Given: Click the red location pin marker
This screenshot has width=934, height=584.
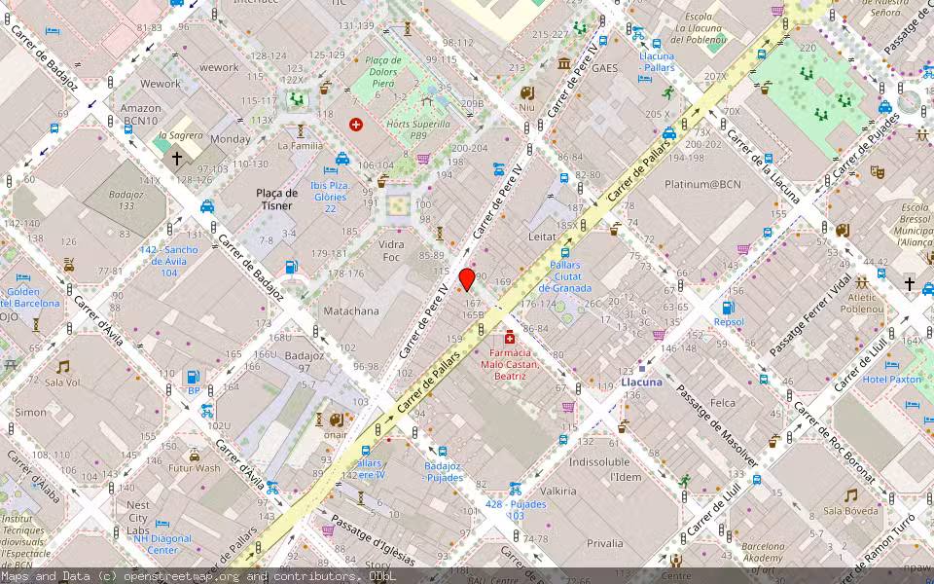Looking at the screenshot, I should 467,279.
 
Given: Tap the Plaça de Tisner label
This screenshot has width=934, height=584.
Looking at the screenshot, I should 276,199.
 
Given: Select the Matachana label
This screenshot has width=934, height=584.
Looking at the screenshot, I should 350,311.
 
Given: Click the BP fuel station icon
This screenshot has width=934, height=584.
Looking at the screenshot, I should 193,376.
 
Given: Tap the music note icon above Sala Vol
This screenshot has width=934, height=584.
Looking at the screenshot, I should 62,367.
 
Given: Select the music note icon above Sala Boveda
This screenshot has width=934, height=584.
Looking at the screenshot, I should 850,494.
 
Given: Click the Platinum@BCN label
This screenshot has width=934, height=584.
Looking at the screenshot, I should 702,184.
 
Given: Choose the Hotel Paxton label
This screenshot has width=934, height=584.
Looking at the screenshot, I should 891,379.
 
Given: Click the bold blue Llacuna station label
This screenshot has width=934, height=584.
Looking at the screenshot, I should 641,383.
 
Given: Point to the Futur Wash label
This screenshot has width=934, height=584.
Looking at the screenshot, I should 195,468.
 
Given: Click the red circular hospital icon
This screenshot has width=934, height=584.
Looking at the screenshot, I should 355,125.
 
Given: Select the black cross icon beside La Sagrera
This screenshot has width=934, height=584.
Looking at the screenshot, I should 177,158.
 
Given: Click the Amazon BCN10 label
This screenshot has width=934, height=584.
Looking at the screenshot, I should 140,115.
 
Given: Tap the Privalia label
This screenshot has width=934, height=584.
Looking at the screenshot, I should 605,543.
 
